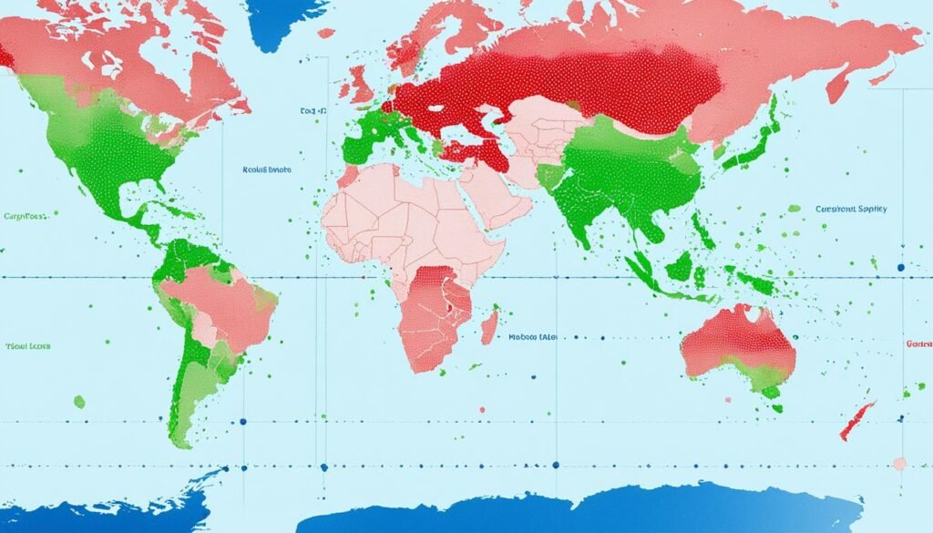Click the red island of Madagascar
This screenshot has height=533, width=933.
[x=489, y=324]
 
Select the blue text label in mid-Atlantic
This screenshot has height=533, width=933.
[x=266, y=169]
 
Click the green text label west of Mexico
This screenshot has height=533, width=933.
[x=25, y=218]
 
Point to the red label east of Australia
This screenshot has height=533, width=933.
[x=918, y=345]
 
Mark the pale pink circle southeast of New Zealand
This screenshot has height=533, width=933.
[x=899, y=464]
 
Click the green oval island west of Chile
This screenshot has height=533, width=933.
[x=79, y=401]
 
